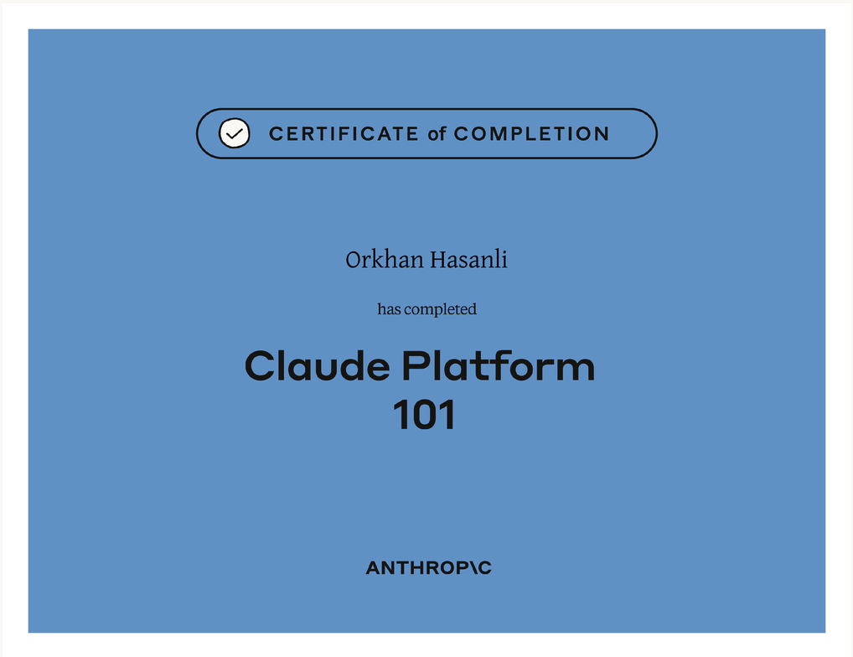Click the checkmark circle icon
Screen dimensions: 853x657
coord(235,133)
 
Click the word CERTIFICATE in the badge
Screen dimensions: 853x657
coord(344,134)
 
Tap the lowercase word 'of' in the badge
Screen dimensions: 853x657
coord(437,134)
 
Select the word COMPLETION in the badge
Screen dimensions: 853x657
coord(531,134)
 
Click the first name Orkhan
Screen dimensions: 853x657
coord(385,260)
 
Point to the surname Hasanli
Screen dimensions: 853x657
coord(469,260)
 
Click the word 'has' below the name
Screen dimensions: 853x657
coord(389,309)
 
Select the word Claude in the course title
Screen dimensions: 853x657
coord(318,365)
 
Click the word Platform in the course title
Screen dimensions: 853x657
coord(499,365)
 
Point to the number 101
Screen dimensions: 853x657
coord(424,415)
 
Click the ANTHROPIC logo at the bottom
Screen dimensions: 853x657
coord(429,568)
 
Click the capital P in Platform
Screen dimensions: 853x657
coord(416,366)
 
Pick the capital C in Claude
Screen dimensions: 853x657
coord(261,366)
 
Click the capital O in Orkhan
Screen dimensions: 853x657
coord(354,260)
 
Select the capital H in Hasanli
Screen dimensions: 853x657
coord(440,260)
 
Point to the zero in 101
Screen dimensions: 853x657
coord(424,415)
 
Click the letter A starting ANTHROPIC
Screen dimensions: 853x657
coord(375,568)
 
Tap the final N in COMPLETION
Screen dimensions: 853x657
coord(601,134)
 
